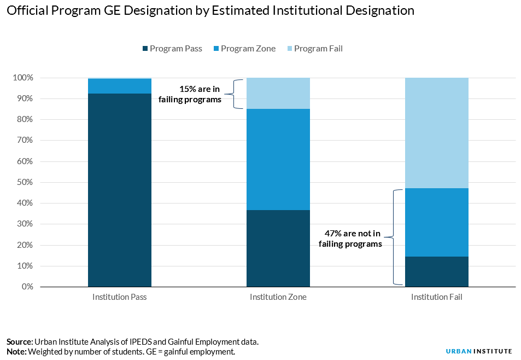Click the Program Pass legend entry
172,49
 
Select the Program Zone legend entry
243,49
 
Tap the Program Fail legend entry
313,49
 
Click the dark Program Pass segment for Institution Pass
120,190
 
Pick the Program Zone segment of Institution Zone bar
278,159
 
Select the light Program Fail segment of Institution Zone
278,93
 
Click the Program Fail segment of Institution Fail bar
436,133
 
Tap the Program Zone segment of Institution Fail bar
436,222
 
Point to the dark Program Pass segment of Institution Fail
436,271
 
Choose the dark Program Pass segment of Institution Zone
278,248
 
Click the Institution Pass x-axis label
120,298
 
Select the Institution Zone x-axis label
278,298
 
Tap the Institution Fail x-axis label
436,298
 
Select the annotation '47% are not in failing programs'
350,239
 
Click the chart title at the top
210,11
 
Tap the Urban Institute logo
478,351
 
